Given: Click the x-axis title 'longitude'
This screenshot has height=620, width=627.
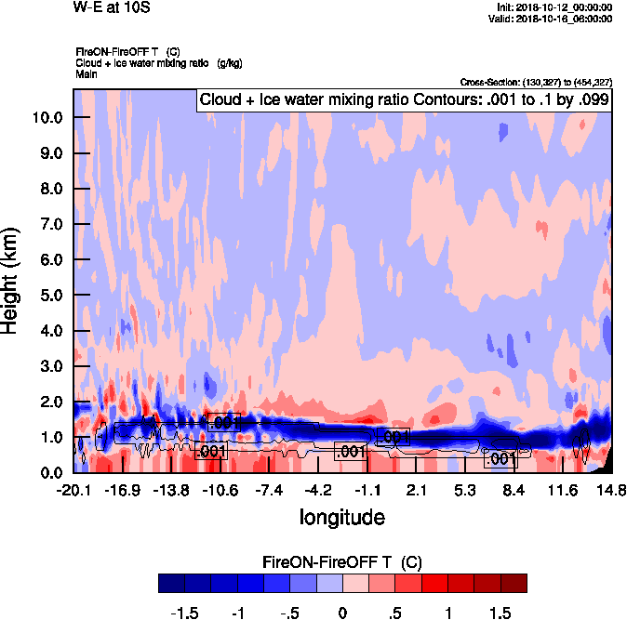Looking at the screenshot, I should pos(341,516).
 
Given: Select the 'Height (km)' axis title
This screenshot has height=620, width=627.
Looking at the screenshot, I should pos(11,281).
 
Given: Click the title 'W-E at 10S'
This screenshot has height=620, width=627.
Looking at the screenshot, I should pos(111,7).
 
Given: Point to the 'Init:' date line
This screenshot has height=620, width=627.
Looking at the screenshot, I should pos(554,7).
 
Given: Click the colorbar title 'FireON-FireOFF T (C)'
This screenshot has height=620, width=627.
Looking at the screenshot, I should pos(342,562).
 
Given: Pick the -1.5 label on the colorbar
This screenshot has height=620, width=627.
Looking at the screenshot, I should pos(186,613).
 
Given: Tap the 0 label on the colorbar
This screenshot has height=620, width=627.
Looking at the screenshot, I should pos(342,613).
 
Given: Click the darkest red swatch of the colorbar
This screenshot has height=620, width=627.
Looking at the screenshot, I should pos(514,583).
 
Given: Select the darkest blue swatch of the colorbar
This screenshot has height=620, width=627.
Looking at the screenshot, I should pos(172,583).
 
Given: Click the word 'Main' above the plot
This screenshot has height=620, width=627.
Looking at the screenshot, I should pos(87,73).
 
